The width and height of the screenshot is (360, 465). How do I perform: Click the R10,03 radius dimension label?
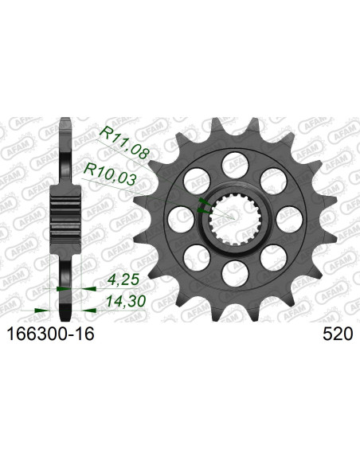pyautogui.click(x=111, y=174)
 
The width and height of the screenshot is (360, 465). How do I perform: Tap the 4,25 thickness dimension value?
pyautogui.click(x=122, y=280)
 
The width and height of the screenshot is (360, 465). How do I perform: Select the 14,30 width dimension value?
pyautogui.click(x=126, y=302)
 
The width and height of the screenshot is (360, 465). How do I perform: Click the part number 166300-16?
pyautogui.click(x=50, y=334)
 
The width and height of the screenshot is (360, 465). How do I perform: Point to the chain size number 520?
pyautogui.click(x=338, y=334)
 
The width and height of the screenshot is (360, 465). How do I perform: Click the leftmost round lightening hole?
pyautogui.click(x=181, y=220)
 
